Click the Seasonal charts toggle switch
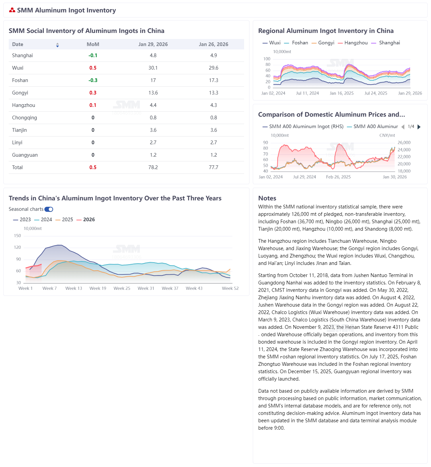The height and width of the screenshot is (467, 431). (x=49, y=209)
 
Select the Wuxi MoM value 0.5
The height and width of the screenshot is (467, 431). (x=93, y=68)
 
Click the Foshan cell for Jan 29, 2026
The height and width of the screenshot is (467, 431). (x=153, y=80)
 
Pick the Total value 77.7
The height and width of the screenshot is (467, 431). (x=213, y=167)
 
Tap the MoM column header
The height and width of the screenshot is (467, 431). (x=93, y=44)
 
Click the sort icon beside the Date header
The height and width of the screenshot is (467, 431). (x=57, y=45)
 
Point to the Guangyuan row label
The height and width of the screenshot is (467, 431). (x=25, y=155)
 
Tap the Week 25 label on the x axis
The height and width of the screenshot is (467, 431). (x=122, y=288)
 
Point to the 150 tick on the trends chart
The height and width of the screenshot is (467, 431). (x=17, y=236)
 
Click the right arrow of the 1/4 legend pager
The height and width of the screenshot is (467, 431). (x=419, y=127)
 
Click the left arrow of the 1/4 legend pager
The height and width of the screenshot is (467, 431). (x=403, y=127)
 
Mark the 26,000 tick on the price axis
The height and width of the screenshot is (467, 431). (x=404, y=143)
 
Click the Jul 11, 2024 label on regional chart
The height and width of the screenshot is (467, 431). (x=307, y=93)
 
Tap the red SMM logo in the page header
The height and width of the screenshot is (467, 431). (x=12, y=10)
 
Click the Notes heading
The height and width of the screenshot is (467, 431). (x=267, y=198)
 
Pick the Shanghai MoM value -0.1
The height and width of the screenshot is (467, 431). (x=93, y=55)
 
